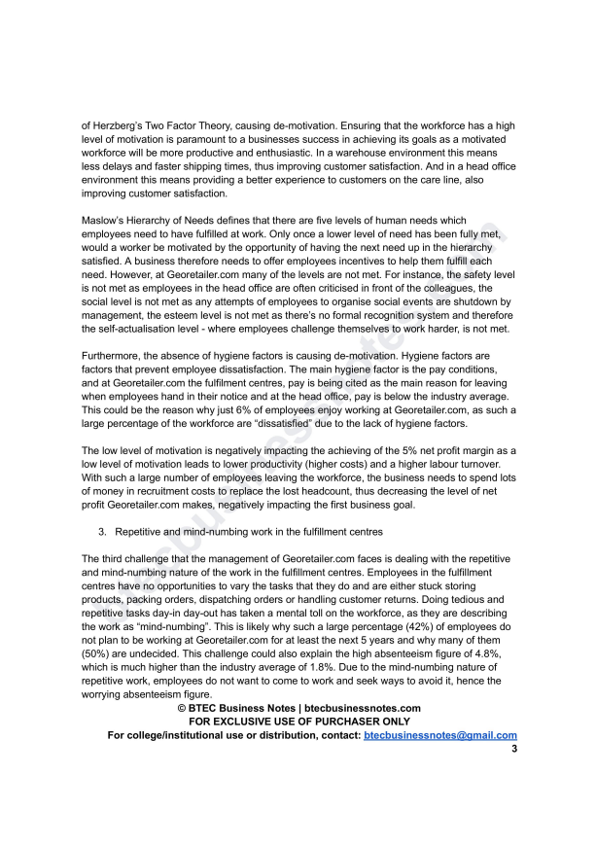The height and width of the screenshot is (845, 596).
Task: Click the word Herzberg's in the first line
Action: click(120, 126)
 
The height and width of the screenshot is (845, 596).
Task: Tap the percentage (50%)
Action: click(99, 653)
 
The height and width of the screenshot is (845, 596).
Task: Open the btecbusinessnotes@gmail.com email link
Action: click(439, 736)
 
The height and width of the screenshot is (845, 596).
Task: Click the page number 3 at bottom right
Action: click(513, 750)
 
